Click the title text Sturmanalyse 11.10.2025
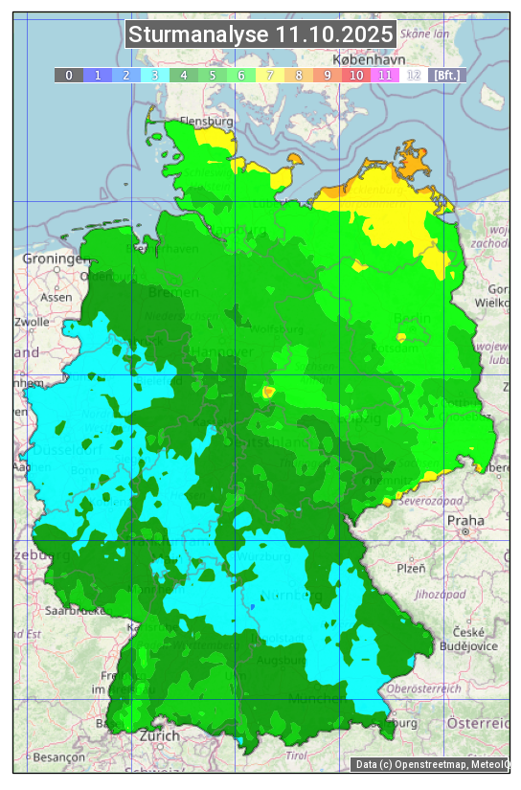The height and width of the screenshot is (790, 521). [260, 35]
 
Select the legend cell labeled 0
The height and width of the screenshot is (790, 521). [68, 75]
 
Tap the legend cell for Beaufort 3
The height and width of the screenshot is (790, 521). [154, 75]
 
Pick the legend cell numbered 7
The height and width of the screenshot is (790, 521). [269, 75]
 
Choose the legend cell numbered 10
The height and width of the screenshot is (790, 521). [355, 75]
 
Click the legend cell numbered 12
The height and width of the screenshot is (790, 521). [413, 75]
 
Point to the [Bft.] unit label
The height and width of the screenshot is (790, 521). [446, 75]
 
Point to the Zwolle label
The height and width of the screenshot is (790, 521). [32, 322]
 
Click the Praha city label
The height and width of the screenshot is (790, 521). [465, 521]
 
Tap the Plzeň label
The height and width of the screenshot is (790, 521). [411, 568]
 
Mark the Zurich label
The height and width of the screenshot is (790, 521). [159, 735]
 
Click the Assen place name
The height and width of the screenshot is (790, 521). [57, 297]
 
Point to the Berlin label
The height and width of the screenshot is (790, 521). [413, 318]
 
